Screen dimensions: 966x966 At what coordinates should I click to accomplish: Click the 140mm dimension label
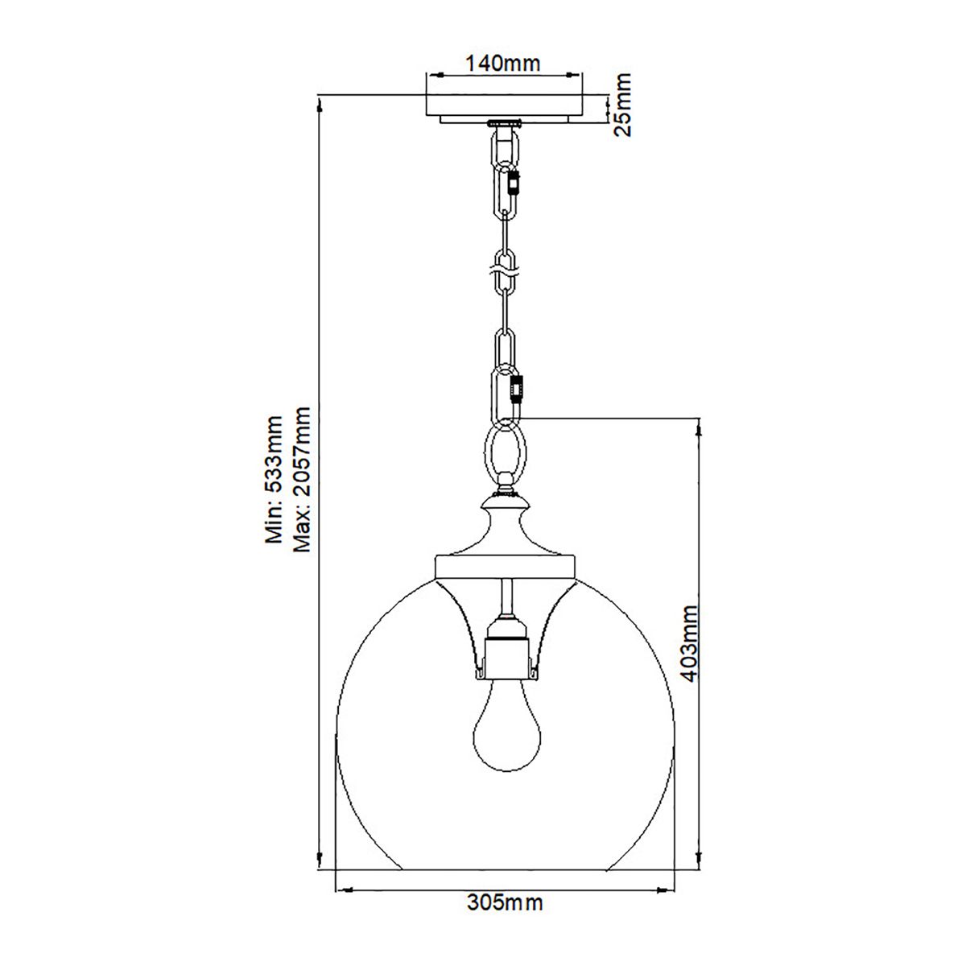point(505,62)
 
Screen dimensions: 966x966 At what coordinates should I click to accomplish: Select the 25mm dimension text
point(621,105)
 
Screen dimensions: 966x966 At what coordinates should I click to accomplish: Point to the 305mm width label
point(505,902)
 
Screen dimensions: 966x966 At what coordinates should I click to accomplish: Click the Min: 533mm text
point(275,481)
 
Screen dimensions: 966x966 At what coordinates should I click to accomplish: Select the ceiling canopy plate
point(505,107)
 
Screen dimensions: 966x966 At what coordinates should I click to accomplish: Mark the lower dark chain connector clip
point(516,388)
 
